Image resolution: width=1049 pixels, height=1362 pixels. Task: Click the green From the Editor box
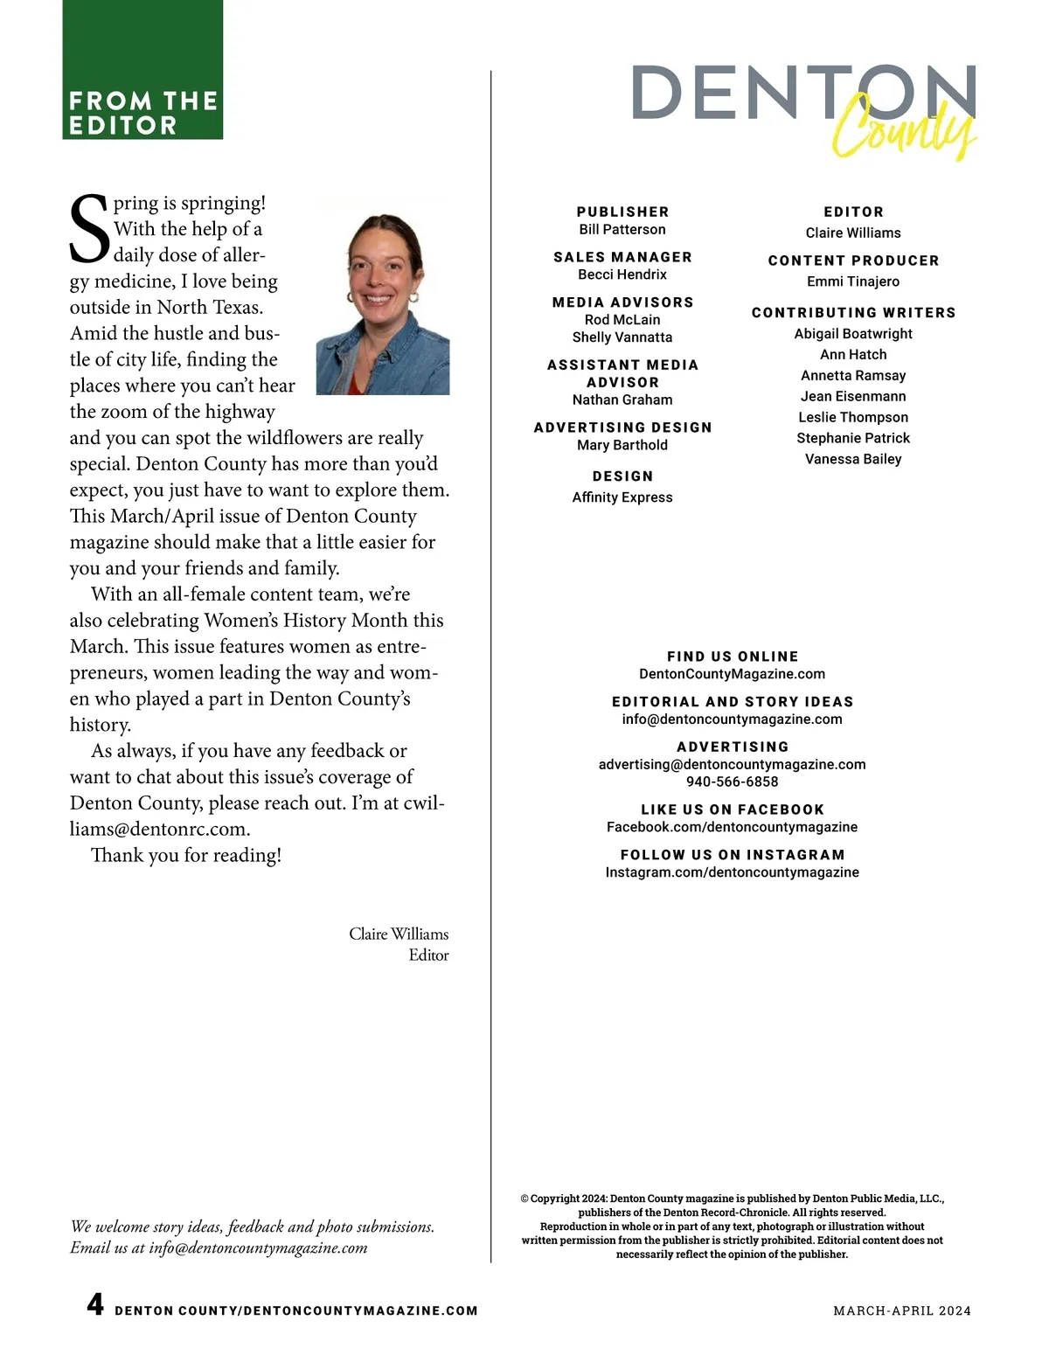point(142,70)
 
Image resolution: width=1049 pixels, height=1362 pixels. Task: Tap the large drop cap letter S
point(88,229)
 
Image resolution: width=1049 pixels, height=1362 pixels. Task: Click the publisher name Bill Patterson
point(622,230)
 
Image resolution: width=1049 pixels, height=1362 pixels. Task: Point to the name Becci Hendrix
point(622,274)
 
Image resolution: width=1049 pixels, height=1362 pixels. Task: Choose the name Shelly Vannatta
point(622,337)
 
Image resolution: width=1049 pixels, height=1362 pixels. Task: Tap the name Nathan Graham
point(622,400)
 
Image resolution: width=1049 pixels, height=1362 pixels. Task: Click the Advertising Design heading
point(622,427)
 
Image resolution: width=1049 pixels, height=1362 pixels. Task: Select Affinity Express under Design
point(622,497)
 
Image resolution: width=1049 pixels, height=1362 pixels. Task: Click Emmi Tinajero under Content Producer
point(853,281)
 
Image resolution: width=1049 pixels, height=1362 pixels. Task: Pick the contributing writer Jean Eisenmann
point(853,397)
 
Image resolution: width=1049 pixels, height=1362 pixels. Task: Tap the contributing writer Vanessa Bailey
point(853,460)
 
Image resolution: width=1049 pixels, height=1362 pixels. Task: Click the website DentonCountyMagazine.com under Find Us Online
point(732,674)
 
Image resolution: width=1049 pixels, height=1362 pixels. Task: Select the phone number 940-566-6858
point(732,782)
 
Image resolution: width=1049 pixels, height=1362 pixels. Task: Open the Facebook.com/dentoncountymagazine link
point(732,827)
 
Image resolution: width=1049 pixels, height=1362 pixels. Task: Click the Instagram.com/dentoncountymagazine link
point(732,872)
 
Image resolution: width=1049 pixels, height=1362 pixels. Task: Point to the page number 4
point(95,1306)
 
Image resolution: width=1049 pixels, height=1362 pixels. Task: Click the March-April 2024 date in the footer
point(902,1311)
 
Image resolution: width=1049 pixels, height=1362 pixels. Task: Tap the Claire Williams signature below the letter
point(399,935)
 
